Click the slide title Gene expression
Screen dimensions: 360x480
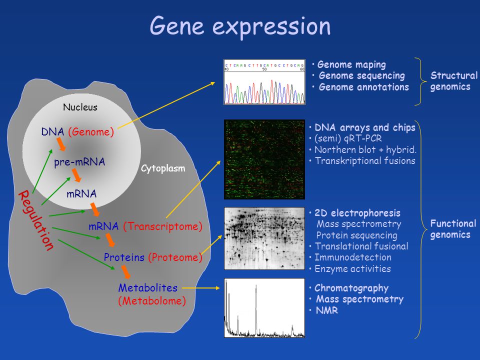(240, 26)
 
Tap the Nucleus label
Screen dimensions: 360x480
(80, 107)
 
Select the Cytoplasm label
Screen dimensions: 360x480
(163, 168)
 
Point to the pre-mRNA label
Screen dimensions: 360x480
(79, 162)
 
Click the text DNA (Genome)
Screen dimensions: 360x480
(78, 132)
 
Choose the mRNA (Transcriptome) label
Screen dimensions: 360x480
(145, 226)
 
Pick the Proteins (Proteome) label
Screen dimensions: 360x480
(153, 257)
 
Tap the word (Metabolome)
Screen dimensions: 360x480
(152, 301)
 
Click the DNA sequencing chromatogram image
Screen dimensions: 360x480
(264, 82)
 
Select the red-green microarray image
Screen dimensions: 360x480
(264, 159)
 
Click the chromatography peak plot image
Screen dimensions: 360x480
(264, 307)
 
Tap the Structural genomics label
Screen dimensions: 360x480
(454, 81)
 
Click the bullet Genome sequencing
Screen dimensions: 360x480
(361, 76)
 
